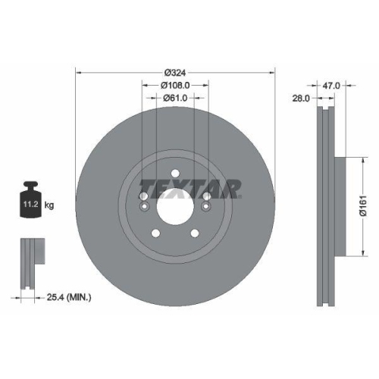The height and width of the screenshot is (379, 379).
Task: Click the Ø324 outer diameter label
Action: pos(176,73)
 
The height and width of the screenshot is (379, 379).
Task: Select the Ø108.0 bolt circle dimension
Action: pos(176,86)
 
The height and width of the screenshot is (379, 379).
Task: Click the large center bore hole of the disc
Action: pos(176,205)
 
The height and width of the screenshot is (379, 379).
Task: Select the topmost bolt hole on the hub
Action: pos(176,173)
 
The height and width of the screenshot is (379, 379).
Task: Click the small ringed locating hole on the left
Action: pos(145,199)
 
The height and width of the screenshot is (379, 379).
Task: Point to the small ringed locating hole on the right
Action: pos(207,199)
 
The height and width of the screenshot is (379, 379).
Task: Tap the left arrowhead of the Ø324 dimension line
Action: pos(79,73)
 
